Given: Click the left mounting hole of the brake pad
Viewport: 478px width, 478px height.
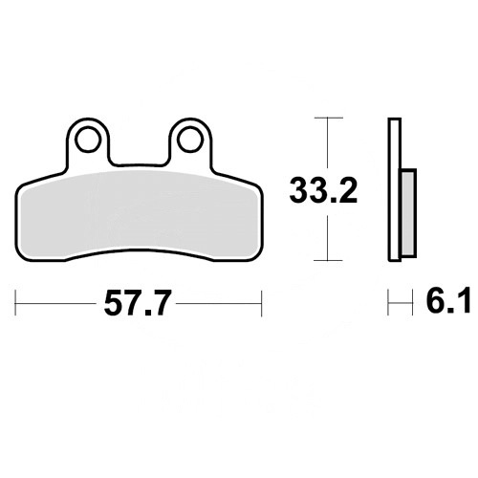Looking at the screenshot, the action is coord(87,139).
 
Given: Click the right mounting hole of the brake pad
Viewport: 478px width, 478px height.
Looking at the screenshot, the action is coord(190,139).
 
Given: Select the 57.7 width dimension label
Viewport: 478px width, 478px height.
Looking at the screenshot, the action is coord(136,303).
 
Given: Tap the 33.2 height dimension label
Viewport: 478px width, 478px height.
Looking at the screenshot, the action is coord(323,191).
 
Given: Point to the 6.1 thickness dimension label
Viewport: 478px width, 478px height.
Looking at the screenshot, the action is coord(448,300).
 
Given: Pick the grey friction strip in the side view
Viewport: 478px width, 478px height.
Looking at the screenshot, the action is coord(408,213).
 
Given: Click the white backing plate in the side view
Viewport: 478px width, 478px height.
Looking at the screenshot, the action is coord(395,189).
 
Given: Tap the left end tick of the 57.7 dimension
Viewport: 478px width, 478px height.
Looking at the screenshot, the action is coord(15,303).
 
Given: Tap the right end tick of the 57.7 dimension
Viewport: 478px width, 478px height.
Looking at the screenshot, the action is coord(261,303).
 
